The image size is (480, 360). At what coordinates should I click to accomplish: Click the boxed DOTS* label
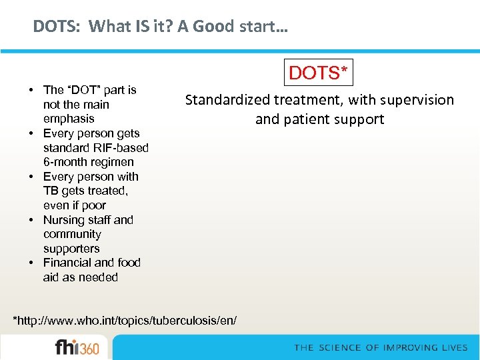319,73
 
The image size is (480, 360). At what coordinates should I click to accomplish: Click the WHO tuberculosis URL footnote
125,321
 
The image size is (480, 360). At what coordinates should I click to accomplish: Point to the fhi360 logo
77,348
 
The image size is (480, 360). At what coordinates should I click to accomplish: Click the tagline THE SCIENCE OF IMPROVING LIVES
381,347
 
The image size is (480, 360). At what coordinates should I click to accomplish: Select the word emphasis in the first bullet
69,119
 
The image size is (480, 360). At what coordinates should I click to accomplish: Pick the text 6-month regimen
89,162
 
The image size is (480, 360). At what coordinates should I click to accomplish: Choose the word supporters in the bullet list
71,249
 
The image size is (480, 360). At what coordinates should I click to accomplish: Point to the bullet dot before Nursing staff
32,220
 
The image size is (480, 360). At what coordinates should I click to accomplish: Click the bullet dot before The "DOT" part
32,90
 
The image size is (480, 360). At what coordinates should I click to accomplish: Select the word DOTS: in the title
57,27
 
